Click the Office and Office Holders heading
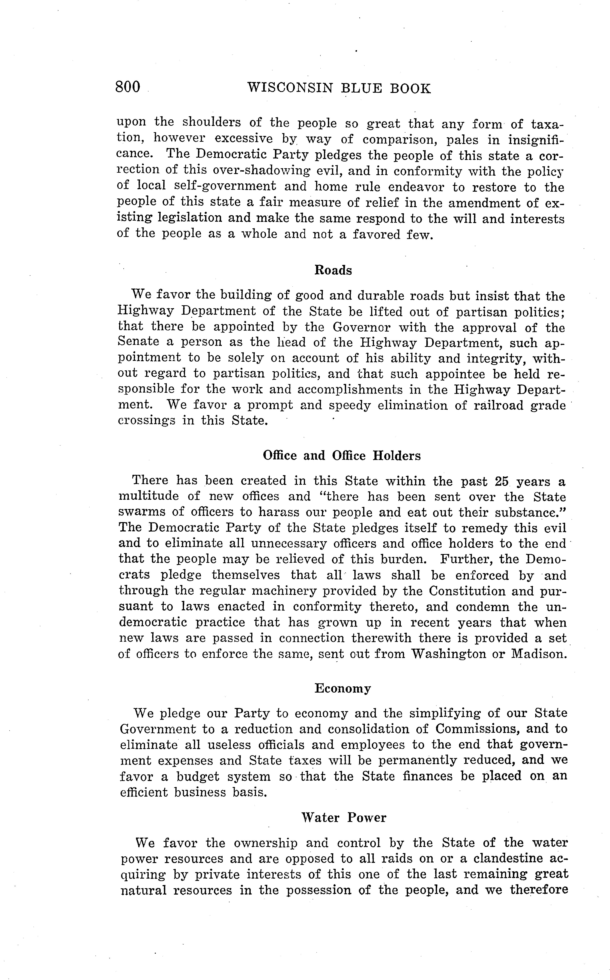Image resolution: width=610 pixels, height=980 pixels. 341,456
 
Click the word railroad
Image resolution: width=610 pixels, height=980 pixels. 494,405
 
